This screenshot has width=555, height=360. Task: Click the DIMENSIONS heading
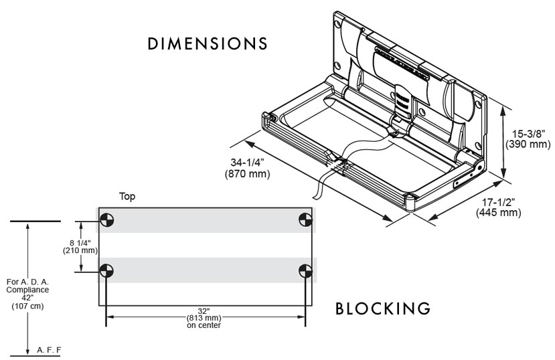click(208, 44)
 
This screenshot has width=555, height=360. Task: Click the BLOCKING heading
click(382, 309)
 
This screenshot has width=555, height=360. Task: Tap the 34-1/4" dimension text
click(247, 163)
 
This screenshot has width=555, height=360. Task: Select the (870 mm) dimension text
click(247, 175)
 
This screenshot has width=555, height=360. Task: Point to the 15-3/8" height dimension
click(528, 134)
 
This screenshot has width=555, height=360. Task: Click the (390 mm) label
click(528, 145)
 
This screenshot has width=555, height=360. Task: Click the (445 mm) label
click(499, 213)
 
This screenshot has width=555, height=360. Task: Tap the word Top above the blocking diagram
click(128, 197)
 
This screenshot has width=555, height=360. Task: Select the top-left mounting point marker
click(106, 219)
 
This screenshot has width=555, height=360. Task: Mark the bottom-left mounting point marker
click(106, 271)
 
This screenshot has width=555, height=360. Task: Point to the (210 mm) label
click(80, 250)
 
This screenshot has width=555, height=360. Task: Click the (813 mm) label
click(205, 318)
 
